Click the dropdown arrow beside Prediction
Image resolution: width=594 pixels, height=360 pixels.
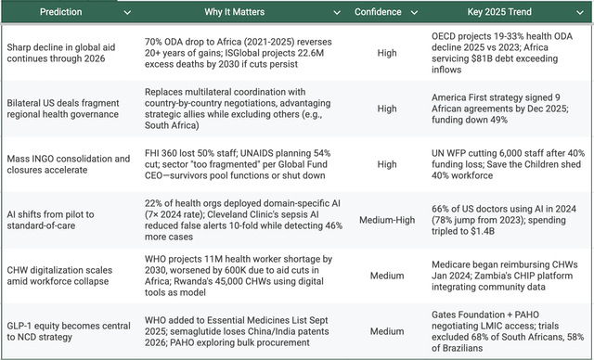pos(127,13)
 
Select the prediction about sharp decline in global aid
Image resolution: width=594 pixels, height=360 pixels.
pos(65,52)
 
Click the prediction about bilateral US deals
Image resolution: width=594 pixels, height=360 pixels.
pos(65,108)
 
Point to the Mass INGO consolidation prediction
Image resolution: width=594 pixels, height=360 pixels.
pos(65,164)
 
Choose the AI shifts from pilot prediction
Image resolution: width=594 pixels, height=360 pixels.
pos(65,219)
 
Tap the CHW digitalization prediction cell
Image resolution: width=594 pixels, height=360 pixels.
pos(65,275)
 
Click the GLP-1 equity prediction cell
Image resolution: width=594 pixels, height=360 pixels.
pos(65,330)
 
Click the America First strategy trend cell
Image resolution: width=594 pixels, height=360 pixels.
pos(506,108)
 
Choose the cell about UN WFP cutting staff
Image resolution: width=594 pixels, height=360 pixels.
pos(506,164)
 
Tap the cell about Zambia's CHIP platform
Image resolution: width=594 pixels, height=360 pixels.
pos(506,275)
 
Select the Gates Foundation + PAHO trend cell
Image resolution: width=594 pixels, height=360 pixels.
pos(506,330)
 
